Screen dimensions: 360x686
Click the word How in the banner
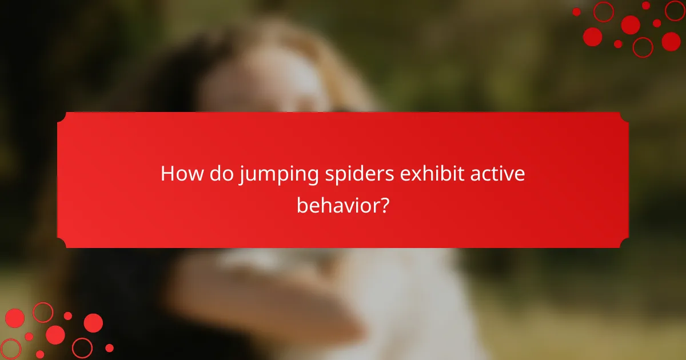coord(182,174)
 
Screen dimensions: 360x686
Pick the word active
coord(497,174)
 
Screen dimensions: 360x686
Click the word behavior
coord(336,205)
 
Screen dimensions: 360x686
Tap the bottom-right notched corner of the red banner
coord(624,243)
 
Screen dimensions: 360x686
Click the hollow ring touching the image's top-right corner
coord(676,10)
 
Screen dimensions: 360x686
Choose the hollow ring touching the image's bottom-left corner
coord(10,349)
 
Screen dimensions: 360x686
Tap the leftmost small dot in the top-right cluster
coord(576,12)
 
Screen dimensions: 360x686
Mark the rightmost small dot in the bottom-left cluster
coord(109,347)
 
